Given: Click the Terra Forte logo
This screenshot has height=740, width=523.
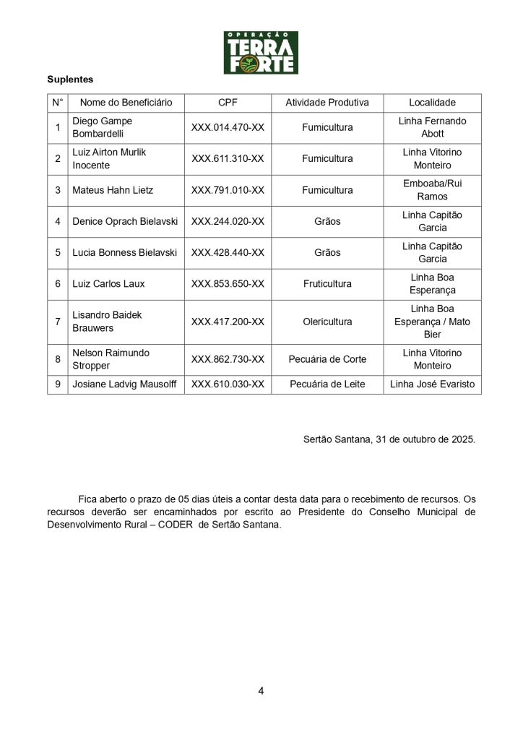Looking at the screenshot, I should [261, 52].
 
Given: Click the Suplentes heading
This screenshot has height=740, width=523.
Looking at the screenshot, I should [70, 79].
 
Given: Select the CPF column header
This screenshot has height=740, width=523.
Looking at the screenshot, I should [228, 103].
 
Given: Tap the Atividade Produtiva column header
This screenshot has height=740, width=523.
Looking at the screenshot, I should [327, 103].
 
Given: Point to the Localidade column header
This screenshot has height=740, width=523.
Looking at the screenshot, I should [432, 103].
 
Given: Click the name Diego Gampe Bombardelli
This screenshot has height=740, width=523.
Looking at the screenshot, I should [102, 127].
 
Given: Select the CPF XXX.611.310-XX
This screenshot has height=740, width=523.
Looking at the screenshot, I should [228, 159].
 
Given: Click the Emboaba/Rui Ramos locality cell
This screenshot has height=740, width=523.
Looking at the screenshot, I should [432, 190].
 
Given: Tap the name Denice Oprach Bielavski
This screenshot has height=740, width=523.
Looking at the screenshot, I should [125, 222].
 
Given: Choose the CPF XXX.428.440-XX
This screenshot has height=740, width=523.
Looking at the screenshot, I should [228, 253].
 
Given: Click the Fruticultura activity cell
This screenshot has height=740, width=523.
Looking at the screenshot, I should [327, 284].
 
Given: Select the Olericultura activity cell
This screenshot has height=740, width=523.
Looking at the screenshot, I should [327, 322].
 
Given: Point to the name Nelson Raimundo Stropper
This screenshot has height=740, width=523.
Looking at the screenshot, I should [111, 359].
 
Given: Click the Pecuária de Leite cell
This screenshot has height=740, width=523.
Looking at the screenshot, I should [327, 384].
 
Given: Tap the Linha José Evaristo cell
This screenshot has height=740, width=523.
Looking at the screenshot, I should [432, 384].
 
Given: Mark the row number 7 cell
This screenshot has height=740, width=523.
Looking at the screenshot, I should [58, 322].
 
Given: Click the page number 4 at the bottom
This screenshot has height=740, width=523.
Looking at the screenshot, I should [261, 691].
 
